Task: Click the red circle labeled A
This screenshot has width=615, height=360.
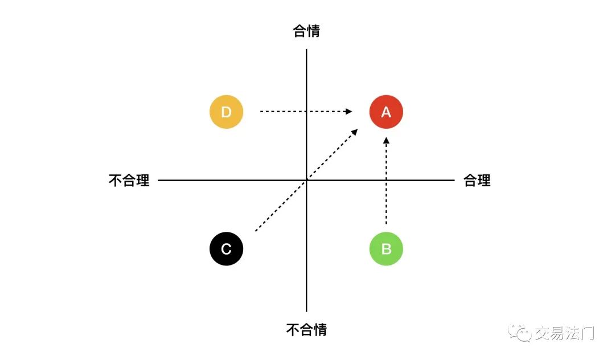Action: point(386,112)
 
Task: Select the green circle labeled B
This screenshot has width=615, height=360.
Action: point(386,248)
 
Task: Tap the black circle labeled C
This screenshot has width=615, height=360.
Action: point(226,248)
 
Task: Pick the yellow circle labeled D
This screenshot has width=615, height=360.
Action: point(226,112)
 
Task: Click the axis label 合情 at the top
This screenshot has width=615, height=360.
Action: point(306,31)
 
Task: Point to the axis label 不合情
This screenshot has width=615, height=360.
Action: point(306,329)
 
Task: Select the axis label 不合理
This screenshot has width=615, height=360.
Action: point(129,181)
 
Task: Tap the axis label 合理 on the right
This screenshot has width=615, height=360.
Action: point(477,181)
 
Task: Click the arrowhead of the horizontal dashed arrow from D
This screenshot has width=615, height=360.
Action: point(348,112)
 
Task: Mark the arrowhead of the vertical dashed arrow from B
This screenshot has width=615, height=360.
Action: point(386,140)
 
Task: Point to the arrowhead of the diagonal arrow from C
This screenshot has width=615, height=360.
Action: point(355,132)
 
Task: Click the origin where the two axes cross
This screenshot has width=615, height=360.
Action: point(306,181)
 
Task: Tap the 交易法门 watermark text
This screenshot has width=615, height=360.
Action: point(565,333)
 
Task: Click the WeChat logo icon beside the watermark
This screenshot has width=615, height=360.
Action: point(520,333)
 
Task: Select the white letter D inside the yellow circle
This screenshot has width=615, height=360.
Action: point(226,112)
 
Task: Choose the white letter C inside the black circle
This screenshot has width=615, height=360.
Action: point(226,249)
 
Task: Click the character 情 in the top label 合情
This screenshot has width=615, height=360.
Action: point(313,31)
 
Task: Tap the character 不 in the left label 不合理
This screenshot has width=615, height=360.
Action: point(115,181)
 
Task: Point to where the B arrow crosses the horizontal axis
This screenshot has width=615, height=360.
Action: point(386,181)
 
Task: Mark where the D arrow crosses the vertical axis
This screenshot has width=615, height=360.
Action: point(306,112)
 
